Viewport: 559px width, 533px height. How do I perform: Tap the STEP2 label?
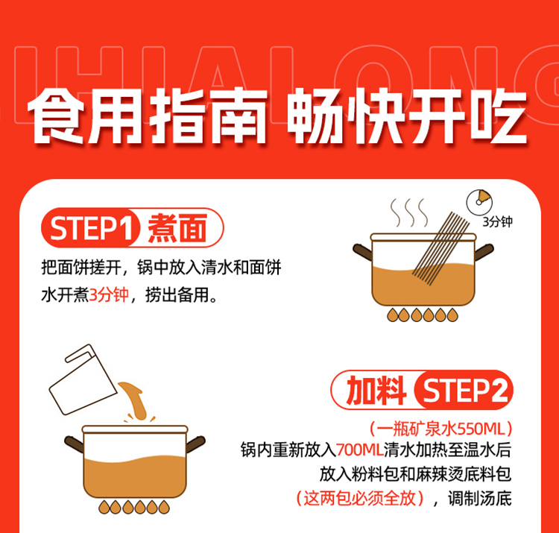[x=464, y=391]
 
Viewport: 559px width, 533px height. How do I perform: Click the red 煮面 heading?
[x=177, y=228]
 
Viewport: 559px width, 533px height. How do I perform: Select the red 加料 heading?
[x=376, y=391]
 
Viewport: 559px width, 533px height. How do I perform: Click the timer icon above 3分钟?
[x=479, y=202]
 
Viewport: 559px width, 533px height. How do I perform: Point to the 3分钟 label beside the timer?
[x=497, y=221]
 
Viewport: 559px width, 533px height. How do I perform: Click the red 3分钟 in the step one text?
[x=108, y=295]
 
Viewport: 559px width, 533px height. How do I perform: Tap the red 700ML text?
[x=359, y=450]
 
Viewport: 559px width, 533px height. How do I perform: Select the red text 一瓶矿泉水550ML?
[x=440, y=429]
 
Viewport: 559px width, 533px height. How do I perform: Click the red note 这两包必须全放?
[x=359, y=498]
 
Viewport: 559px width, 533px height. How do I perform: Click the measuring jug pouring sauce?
[x=83, y=379]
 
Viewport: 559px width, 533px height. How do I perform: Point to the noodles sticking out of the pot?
[x=441, y=248]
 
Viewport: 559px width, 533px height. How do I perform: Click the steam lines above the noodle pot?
[x=409, y=212]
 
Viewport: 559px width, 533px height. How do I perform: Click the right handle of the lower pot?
[x=196, y=444]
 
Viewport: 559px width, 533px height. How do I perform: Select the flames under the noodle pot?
[x=423, y=315]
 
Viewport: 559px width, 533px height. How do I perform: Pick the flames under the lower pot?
[x=134, y=507]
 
